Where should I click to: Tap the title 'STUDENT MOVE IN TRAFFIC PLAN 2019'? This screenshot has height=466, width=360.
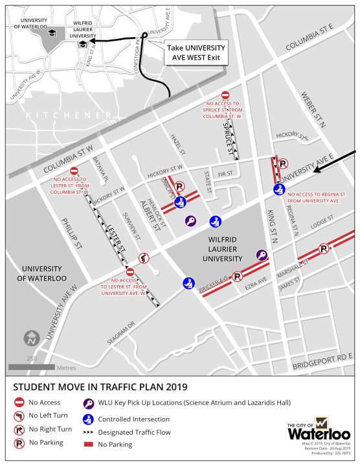click(100, 387)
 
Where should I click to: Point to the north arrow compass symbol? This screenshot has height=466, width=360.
click(30, 338)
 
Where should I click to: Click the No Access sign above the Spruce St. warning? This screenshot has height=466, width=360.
click(225, 95)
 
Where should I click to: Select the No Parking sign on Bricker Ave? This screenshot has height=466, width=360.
click(238, 277)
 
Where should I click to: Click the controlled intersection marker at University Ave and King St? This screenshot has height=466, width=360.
click(278, 189)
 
